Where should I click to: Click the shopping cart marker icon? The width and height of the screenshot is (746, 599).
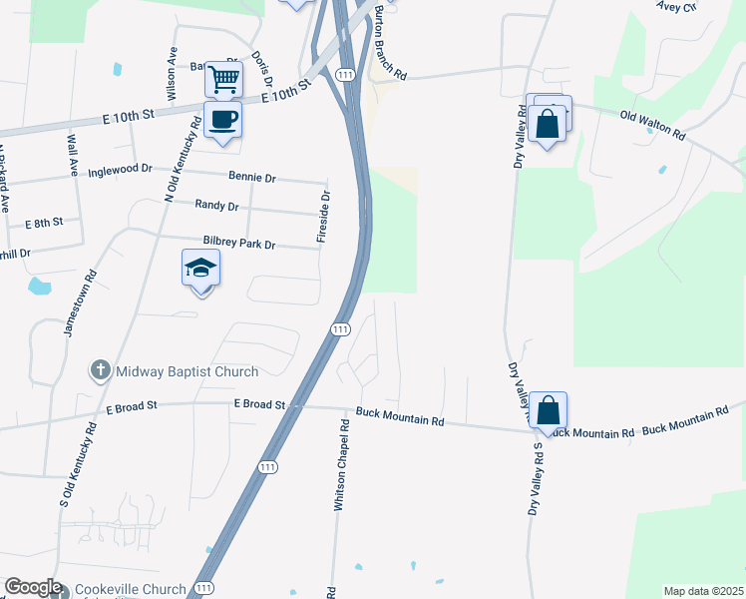tap(223, 79)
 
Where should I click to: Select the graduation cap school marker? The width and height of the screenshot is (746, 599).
tap(200, 269)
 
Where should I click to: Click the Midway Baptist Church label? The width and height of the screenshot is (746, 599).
tap(186, 371)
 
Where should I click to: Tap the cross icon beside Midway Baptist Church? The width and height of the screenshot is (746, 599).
tap(100, 371)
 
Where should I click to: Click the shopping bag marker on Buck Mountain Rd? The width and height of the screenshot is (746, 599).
tap(548, 410)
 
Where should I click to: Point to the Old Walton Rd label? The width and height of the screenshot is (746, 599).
tap(652, 125)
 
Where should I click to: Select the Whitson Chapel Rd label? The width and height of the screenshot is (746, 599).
tap(341, 465)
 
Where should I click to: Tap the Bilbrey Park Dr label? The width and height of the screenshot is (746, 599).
tap(245, 243)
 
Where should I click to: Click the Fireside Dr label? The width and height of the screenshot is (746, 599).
tap(323, 217)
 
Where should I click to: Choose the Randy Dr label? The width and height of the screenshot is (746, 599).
tap(216, 206)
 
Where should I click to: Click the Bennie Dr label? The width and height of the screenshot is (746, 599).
tap(251, 177)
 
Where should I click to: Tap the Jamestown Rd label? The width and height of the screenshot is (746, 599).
tap(80, 303)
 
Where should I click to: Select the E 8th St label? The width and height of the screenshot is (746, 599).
tap(44, 222)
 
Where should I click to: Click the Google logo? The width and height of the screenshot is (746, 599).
tap(33, 587)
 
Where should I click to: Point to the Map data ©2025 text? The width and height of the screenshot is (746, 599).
tap(703, 591)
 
